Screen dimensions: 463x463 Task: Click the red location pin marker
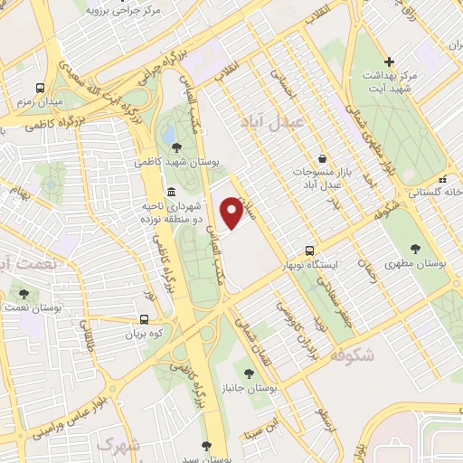pos(231,212)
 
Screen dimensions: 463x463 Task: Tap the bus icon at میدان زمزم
pos(41,88)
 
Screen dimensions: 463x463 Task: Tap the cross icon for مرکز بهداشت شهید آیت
pos(389,61)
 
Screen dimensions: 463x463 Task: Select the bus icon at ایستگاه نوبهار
pos(310,250)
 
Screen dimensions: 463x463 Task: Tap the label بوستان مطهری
pos(417,264)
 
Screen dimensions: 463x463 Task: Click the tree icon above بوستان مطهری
pos(416,248)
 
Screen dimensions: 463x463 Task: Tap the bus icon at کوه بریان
pos(145,319)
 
